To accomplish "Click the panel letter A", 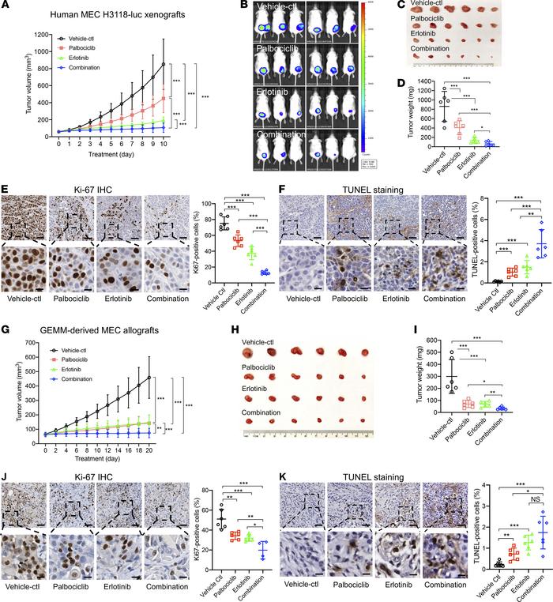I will point(6,6).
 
